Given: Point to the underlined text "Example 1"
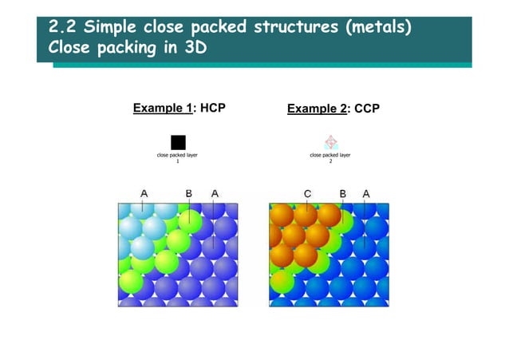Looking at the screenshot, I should pos(162,109).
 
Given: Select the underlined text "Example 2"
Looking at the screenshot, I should pos(317,109).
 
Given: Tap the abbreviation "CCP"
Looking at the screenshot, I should pos(367,109).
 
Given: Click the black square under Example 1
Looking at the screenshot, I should pos(178,143).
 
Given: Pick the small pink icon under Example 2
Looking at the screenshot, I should pos(331,143).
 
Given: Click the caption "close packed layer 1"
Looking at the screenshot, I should pos(178,157).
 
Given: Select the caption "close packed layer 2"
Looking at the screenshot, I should pos(331,157).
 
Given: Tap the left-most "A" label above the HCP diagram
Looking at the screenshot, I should pos(144,193).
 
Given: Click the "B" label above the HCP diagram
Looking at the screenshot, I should pos(189,193).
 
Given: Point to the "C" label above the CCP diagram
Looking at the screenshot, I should pos(307,193).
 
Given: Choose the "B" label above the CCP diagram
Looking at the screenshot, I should pos(342,193).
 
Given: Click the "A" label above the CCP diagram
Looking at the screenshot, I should pos(365,193).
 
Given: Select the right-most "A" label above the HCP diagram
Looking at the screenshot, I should pos(214,193).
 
